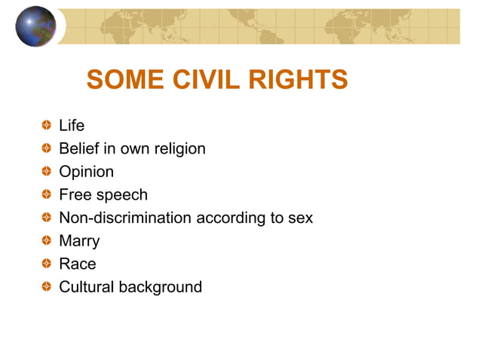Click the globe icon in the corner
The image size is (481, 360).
click(35, 26)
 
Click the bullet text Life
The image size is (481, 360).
click(72, 126)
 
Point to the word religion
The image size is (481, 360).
click(179, 149)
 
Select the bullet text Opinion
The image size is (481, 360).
click(86, 172)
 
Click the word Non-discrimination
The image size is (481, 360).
click(125, 218)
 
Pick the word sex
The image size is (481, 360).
click(300, 218)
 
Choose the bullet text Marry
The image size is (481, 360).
click(79, 241)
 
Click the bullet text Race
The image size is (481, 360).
click(78, 264)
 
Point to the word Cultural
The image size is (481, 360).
click(87, 287)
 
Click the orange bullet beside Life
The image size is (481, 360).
click(47, 126)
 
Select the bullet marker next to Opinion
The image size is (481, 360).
click(47, 172)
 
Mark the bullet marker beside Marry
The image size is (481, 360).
click(47, 241)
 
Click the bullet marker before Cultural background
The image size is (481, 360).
click(47, 287)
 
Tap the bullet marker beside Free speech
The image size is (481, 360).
click(47, 195)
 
